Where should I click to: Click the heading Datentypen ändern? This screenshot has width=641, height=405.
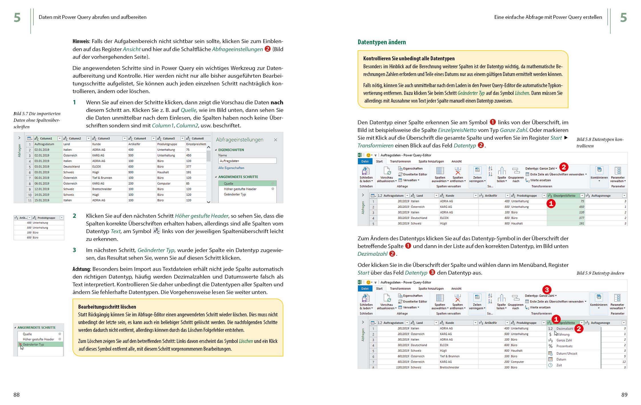pyautogui.click(x=381, y=42)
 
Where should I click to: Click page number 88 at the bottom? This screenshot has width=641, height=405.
pyautogui.click(x=16, y=395)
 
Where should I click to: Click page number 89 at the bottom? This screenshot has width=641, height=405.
pyautogui.click(x=624, y=395)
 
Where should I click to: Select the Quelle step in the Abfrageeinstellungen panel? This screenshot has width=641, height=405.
pyautogui.click(x=229, y=183)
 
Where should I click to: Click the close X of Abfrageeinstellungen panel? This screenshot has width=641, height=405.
pyautogui.click(x=275, y=140)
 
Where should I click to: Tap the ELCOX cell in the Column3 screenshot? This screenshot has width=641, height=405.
pyautogui.click(x=97, y=166)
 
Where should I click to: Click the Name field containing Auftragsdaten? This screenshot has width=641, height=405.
pyautogui.click(x=247, y=161)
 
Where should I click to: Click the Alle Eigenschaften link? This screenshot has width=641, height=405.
pyautogui.click(x=231, y=168)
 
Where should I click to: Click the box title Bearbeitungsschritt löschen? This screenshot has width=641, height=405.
pyautogui.click(x=107, y=307)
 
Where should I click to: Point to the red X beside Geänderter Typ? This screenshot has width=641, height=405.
pyautogui.click(x=20, y=345)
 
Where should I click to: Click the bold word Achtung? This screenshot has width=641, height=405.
pyautogui.click(x=81, y=269)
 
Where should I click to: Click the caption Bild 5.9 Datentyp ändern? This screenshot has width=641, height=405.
pyautogui.click(x=600, y=273)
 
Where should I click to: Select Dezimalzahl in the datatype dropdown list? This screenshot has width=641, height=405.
pyautogui.click(x=564, y=329)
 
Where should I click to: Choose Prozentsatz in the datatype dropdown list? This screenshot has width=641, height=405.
pyautogui.click(x=564, y=346)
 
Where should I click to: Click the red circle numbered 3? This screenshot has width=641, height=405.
pyautogui.click(x=546, y=290)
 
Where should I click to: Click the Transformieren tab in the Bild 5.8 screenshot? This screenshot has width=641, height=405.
pyautogui.click(x=400, y=161)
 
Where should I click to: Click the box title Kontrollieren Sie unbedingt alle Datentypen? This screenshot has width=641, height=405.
pyautogui.click(x=409, y=59)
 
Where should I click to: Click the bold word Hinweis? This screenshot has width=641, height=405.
pyautogui.click(x=81, y=41)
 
